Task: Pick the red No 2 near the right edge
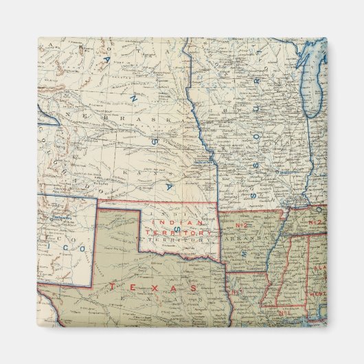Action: [315, 223]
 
